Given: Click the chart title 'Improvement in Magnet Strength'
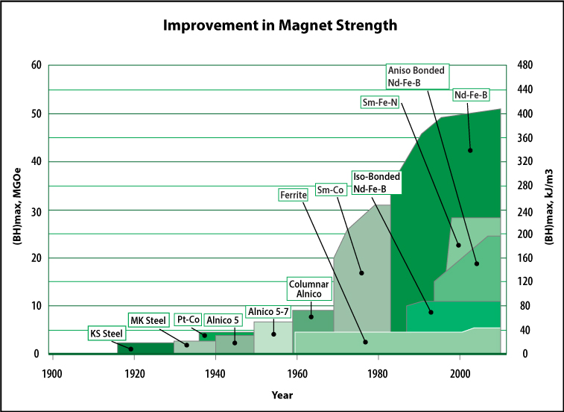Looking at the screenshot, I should pos(282,25).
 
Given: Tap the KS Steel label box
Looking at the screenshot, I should pos(107,333).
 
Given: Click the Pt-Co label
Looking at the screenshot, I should pos(186,319).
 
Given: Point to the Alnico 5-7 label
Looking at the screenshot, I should pos(265,312).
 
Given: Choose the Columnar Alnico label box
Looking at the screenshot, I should pos(308,288).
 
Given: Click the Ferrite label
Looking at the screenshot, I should pos(292,195).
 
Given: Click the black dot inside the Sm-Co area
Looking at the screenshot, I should pos(361,273).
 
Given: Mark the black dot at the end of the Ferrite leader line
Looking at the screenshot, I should pos(366,342).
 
